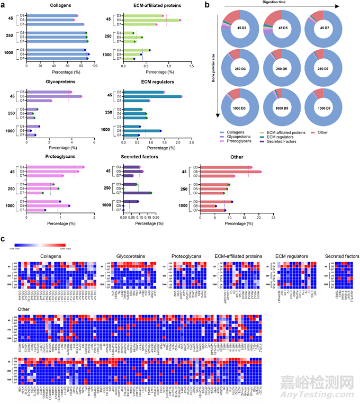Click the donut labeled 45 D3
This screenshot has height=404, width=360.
click(x=235, y=30)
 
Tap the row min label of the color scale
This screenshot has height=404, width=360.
click(x=14, y=246)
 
